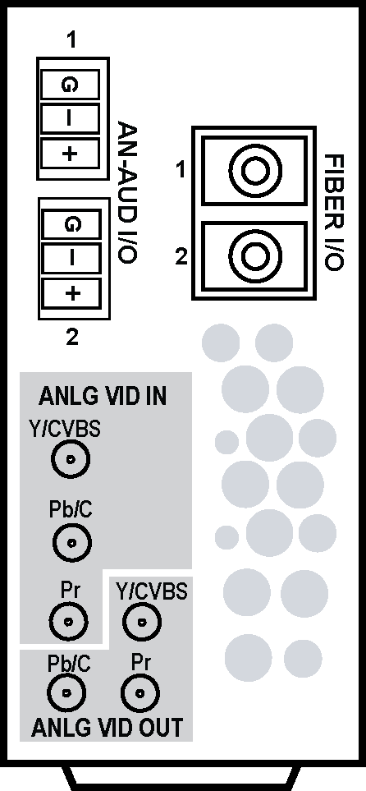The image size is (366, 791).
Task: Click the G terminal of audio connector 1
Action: tap(70, 85)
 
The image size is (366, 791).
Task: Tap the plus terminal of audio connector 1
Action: tap(70, 154)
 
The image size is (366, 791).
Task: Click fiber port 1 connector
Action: tap(254, 171)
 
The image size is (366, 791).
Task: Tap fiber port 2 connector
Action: tap(254, 255)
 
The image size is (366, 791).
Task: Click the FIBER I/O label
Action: tap(333, 213)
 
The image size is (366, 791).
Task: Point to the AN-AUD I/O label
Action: tap(127, 191)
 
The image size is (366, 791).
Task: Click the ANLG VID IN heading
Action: tap(103, 397)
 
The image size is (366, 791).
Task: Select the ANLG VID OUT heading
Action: tap(107, 728)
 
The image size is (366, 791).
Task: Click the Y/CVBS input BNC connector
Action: tap(71, 459)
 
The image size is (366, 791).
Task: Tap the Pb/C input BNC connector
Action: tap(71, 543)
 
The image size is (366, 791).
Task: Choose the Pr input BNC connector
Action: tap(69, 622)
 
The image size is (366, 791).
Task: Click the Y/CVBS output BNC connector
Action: tap(142, 622)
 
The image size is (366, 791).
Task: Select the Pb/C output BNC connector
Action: tap(66, 692)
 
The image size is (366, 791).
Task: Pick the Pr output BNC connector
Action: tap(140, 692)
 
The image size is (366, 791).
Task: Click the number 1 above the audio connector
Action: tap(72, 40)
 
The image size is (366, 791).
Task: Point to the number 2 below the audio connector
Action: tap(72, 337)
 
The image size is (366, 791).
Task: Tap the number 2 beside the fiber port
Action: tap(181, 257)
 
